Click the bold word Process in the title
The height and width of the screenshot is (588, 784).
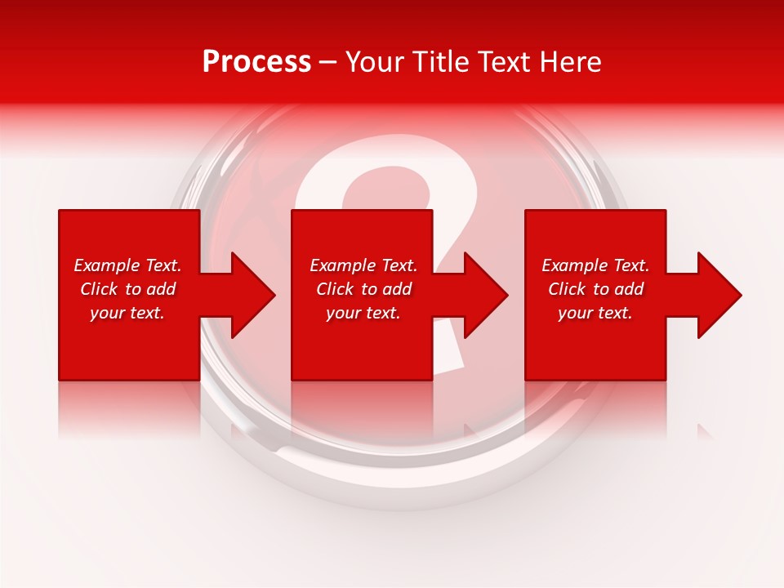pos(256,62)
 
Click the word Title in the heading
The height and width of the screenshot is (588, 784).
pos(440,62)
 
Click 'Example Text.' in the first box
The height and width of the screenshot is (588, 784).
pos(127,265)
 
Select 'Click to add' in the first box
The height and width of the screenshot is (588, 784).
pos(127,289)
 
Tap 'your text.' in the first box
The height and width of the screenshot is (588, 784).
pos(127,313)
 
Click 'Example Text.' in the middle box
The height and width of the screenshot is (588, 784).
pos(363,265)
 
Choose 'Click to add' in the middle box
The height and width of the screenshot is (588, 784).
pos(363,289)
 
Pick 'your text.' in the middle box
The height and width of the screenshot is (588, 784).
pos(363,313)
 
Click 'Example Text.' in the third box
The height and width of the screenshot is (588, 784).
pos(595,265)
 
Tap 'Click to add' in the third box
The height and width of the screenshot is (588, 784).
pos(595,289)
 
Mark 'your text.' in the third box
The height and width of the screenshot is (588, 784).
pos(595,313)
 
